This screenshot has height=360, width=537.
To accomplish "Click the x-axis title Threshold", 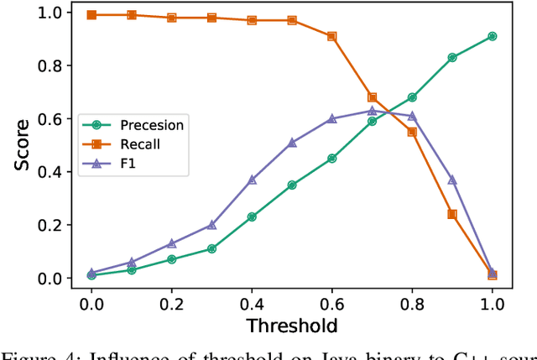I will click(x=292, y=326).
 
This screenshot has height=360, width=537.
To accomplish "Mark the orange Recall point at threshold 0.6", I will click(x=332, y=37).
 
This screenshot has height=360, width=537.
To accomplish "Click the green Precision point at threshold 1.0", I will click(x=493, y=36).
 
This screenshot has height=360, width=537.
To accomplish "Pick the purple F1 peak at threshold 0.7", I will click(x=372, y=111).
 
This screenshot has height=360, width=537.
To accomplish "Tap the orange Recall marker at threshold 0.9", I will click(x=452, y=214).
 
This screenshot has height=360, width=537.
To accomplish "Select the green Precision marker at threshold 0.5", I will click(x=292, y=185).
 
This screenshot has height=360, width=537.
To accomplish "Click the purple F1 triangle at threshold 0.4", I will click(x=252, y=180).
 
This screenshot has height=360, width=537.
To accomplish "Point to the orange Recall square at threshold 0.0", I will click(x=91, y=15).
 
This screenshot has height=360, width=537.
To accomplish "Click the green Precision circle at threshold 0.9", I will click(x=452, y=58).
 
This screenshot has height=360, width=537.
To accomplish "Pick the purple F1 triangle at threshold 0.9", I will click(x=452, y=180).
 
